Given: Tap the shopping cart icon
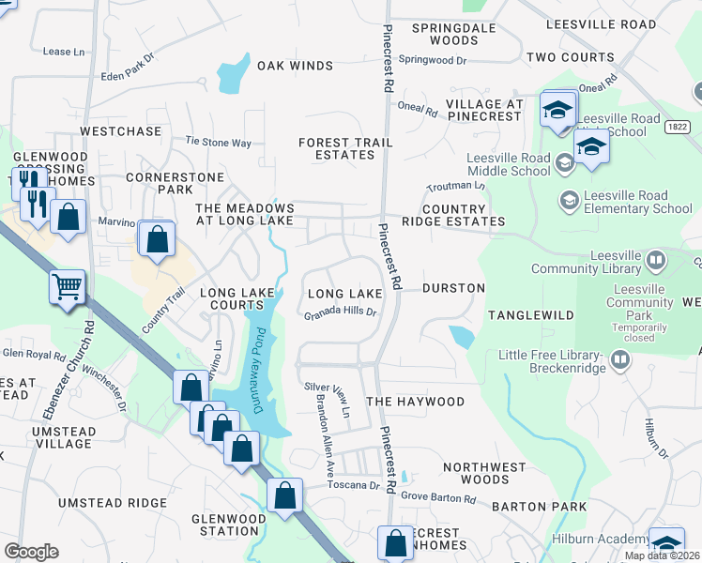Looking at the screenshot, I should pyautogui.click(x=68, y=287).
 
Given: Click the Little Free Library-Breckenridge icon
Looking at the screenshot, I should pyautogui.click(x=619, y=359).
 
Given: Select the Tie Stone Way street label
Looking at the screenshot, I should pyautogui.click(x=219, y=143).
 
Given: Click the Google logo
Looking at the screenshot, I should pyautogui.click(x=31, y=552).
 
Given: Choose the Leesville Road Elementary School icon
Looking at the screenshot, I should pyautogui.click(x=568, y=200).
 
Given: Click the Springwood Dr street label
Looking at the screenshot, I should pyautogui.click(x=433, y=60).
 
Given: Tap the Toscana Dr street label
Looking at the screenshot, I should pyautogui.click(x=354, y=486).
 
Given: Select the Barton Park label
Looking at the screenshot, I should pyautogui.click(x=543, y=507).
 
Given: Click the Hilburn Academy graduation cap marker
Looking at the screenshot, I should pyautogui.click(x=666, y=544).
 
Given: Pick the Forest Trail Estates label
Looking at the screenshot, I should pyautogui.click(x=345, y=148).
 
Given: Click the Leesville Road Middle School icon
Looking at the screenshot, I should pyautogui.click(x=565, y=163).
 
